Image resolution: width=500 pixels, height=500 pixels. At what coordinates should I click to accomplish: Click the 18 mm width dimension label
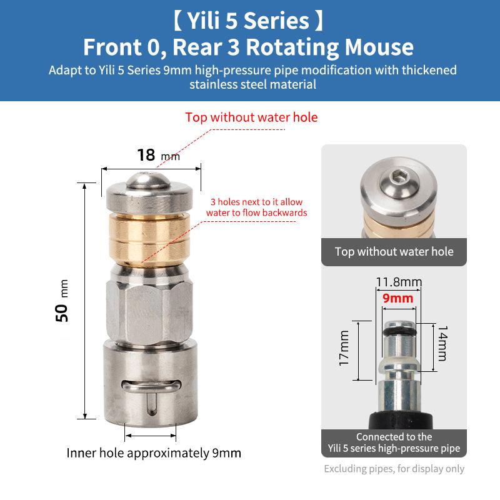(159, 155)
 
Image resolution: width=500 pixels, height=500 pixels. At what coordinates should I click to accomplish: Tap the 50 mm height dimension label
(62, 301)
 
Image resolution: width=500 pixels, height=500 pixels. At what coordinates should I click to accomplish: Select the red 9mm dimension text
(397, 298)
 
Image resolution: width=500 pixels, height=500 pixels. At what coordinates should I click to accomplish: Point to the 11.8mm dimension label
(399, 282)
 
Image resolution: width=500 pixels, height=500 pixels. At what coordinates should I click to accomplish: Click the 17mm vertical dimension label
(344, 348)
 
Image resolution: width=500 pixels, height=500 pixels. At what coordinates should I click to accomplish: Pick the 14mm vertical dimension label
(442, 343)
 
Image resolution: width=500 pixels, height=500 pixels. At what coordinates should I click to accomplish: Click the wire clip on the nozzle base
(151, 386)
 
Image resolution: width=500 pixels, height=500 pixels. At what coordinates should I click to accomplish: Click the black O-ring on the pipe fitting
(399, 332)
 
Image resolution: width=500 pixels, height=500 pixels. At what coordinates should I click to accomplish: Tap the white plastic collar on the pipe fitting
(399, 364)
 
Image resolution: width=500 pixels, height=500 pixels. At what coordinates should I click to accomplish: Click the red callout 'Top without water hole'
(251, 117)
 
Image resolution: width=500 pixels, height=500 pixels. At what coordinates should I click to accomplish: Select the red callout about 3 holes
(256, 207)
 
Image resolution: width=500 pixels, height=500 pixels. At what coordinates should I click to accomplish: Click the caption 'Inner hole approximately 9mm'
(154, 452)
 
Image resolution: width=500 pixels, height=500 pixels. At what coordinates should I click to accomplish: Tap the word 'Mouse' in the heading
(379, 47)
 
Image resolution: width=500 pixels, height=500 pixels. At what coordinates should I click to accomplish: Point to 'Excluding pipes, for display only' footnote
(394, 469)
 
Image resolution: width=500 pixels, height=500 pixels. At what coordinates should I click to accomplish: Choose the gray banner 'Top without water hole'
(394, 252)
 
